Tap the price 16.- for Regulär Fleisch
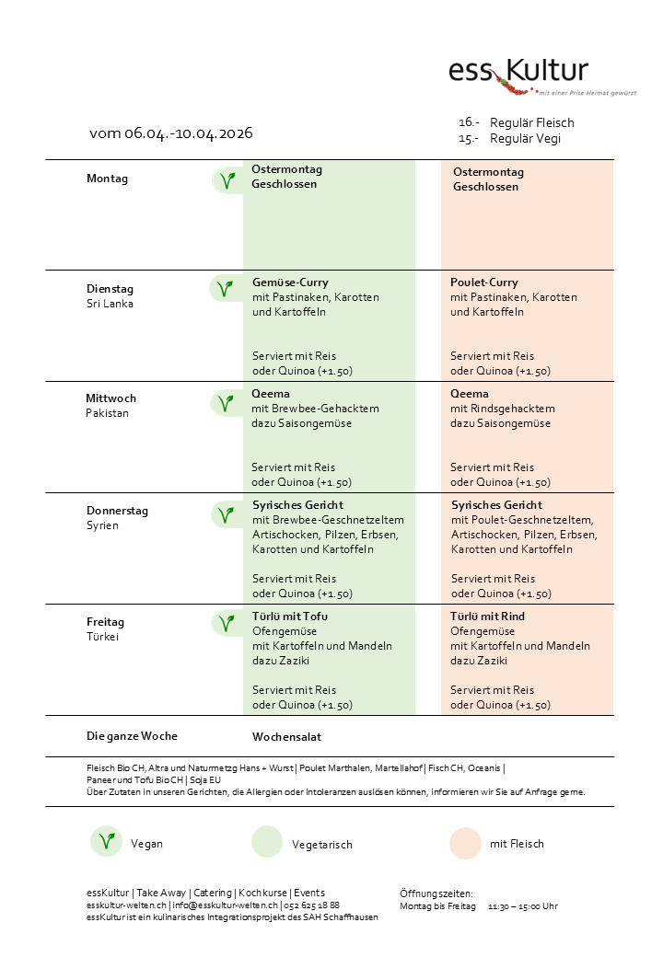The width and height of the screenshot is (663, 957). coord(469,122)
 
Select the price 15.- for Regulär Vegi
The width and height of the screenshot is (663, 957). coord(469,138)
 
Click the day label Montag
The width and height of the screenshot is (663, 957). coord(107,179)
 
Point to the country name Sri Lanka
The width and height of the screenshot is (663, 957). coord(110,304)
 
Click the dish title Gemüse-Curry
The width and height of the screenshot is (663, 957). coord(290,282)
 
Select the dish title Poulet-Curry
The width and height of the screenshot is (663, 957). coord(484,282)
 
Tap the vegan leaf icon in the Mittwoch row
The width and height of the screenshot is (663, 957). coord(224,403)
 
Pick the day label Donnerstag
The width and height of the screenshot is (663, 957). coord(117,511)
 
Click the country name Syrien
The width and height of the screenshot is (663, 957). coord(102,525)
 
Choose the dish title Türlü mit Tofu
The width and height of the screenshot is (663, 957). coord(290,617)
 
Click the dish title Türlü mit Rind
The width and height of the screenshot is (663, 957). coord(487,617)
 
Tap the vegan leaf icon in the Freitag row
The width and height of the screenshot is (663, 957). coord(224,623)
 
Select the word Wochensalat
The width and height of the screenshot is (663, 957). coord(286,737)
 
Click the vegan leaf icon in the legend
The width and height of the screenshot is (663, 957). coord(107,842)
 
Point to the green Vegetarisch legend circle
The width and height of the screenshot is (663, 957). coord(267,843)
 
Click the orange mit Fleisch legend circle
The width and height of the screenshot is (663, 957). coord(465,843)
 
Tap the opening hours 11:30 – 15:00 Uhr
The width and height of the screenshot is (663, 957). coord(522,906)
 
